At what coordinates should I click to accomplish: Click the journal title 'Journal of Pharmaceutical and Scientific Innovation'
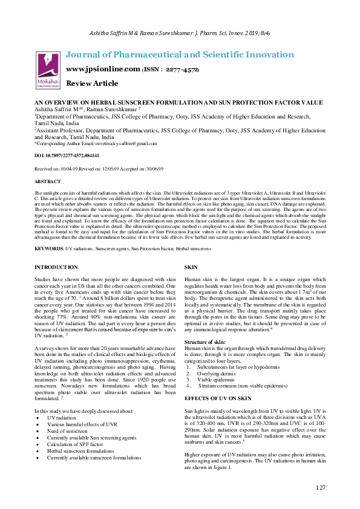point(180,54)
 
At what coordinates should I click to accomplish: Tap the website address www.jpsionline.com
point(102,69)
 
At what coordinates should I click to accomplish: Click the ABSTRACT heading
point(48,181)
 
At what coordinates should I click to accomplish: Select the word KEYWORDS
point(48,248)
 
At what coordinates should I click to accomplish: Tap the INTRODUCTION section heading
point(56,267)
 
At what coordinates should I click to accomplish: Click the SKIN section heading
point(191,267)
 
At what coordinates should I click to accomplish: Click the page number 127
point(320,487)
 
